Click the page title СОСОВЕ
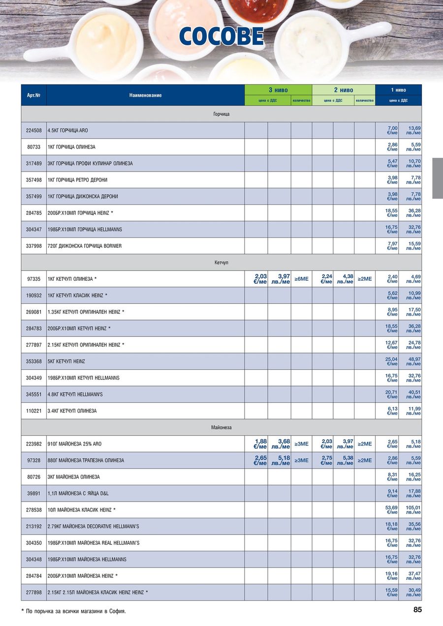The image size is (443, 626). pos(221,37)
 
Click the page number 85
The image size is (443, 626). pos(417,610)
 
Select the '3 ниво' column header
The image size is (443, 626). pos(278,90)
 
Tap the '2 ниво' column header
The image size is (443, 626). pos(344,90)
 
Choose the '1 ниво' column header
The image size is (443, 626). pos(398,90)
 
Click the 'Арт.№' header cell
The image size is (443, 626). pos(33,95)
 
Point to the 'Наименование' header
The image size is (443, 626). pos(145,95)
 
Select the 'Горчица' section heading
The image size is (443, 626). pos(221,114)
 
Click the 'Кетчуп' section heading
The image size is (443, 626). pos(221,263)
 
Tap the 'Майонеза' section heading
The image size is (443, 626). pos(221,427)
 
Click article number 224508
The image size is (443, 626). pos(33,130)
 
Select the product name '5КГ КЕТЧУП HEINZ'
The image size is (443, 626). pos(66,361)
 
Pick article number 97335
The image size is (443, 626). pos(33,279)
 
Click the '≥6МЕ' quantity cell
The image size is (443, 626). pos(301,279)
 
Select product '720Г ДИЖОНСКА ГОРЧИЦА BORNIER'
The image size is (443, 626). pos(85,246)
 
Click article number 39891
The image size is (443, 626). pos(33,493)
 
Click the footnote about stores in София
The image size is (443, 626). pos(74,611)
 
